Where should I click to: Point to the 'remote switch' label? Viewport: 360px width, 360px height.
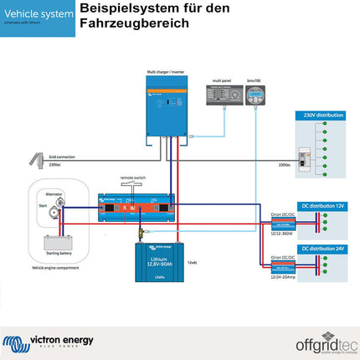[133, 180]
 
